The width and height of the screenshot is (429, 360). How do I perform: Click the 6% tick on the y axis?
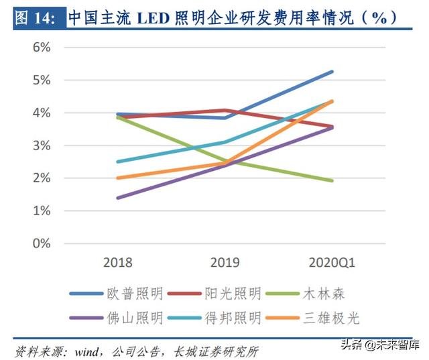coord(42,48)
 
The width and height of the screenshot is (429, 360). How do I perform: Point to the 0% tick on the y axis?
coord(42,243)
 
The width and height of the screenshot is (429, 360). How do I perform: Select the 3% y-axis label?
coord(42,145)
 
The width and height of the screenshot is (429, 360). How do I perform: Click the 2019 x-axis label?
coord(225,262)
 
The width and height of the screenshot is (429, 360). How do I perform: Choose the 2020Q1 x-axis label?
coord(332,262)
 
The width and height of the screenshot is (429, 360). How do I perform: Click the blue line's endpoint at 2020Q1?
coord(332,72)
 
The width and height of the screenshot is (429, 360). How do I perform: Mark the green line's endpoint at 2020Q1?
coord(332,180)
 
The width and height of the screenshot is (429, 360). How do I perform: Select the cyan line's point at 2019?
coord(225,142)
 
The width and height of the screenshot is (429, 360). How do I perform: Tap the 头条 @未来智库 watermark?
coord(379,345)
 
